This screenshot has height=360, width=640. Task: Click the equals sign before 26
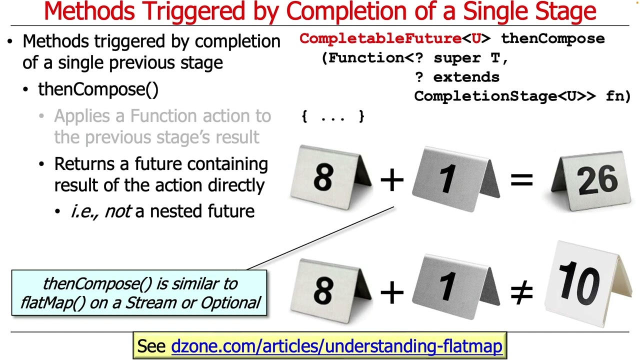[521, 179]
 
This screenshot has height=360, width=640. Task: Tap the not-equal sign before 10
[521, 292]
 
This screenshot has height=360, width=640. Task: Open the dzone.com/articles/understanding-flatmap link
[336, 346]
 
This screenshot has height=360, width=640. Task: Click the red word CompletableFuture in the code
[380, 38]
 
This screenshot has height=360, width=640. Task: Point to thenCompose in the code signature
[552, 38]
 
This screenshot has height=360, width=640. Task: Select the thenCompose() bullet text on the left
[98, 89]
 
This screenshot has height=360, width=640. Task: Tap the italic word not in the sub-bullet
[118, 211]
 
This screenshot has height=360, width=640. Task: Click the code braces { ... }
[333, 116]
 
